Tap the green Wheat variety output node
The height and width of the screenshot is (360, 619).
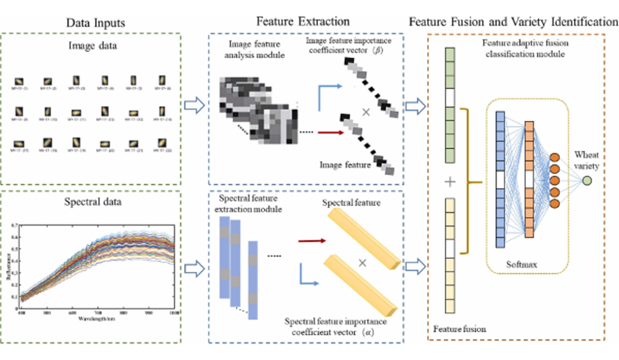click(x=587, y=180)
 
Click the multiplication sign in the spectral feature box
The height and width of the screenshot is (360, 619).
click(x=361, y=262)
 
